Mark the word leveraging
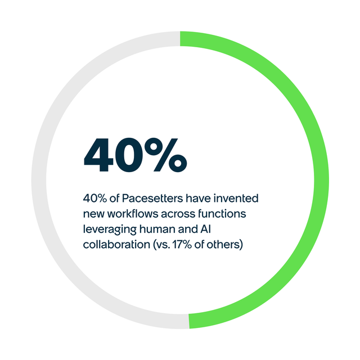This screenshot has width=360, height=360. point(108,229)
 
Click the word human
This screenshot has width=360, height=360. point(155,229)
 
